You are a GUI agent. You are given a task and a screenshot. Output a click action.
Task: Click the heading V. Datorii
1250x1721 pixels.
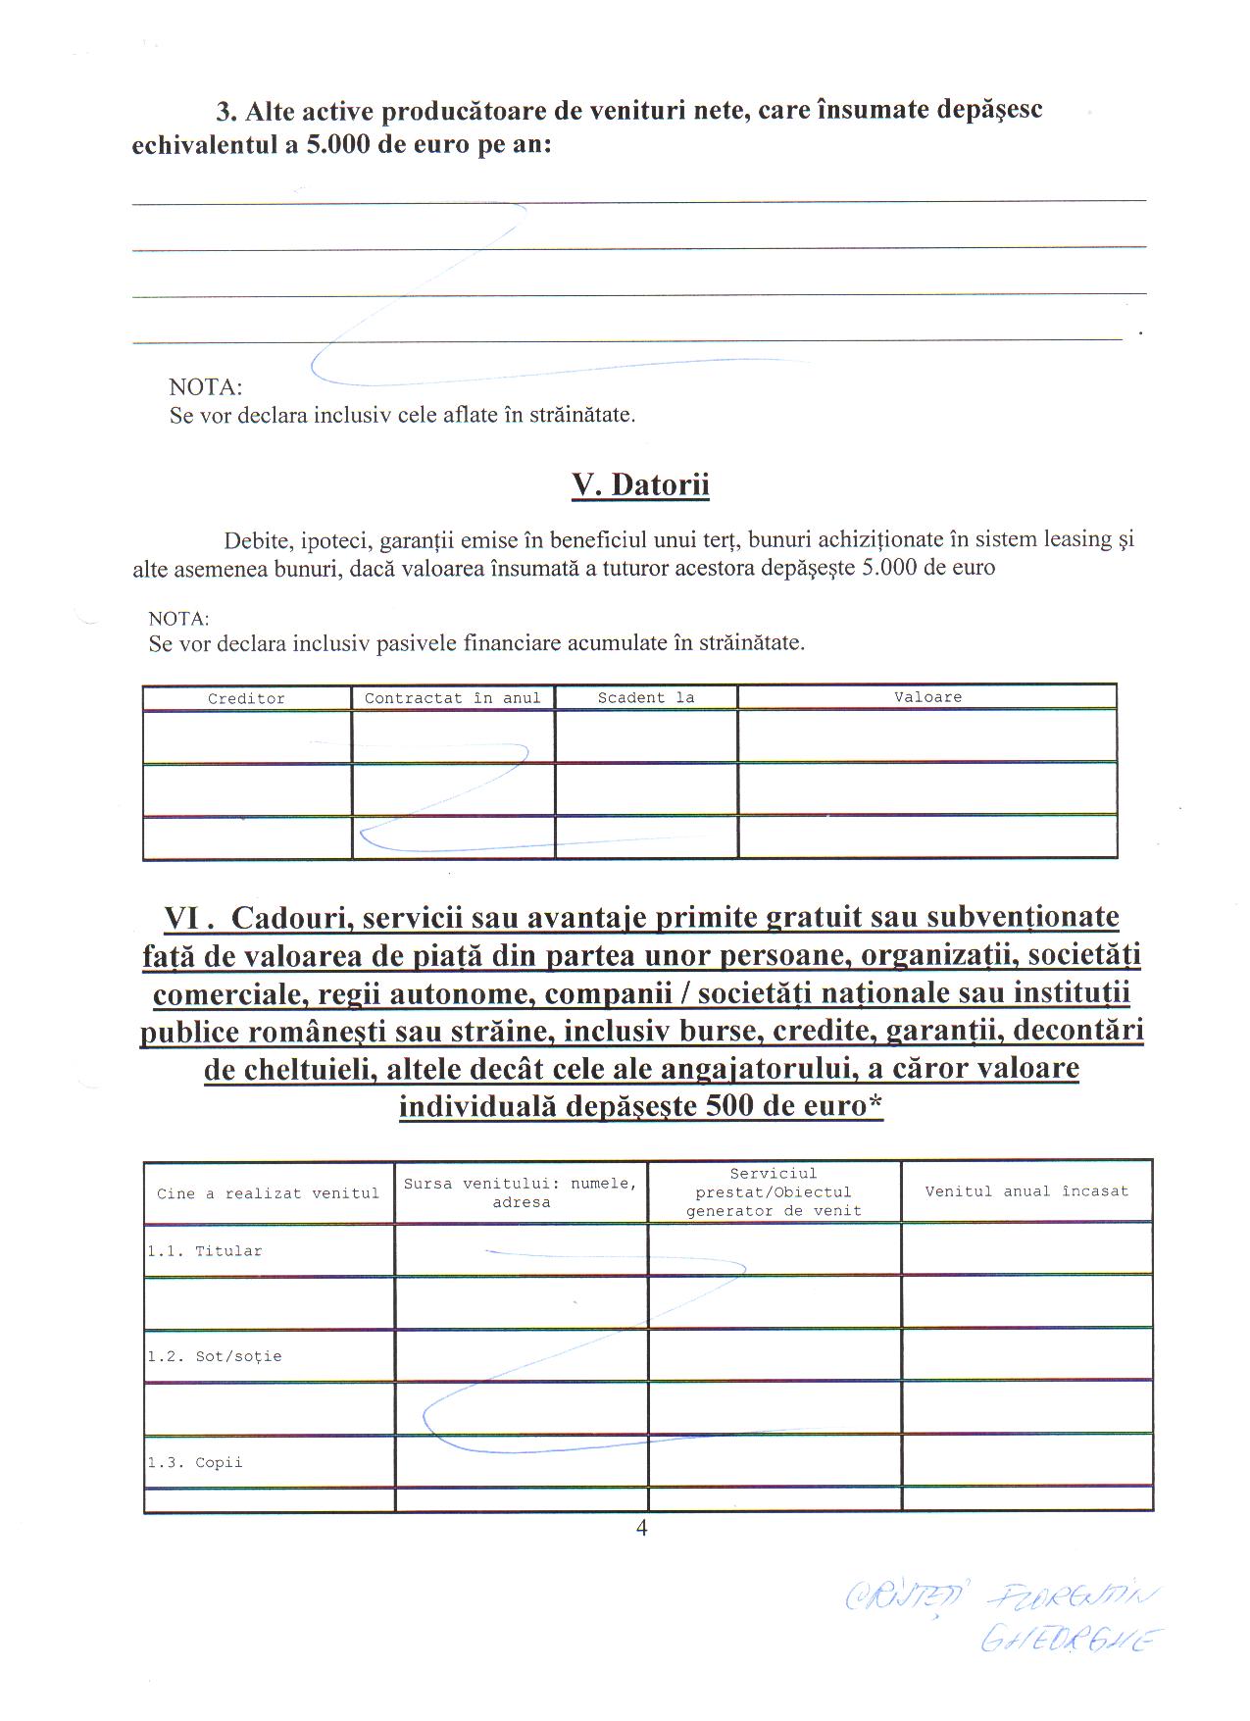pos(640,485)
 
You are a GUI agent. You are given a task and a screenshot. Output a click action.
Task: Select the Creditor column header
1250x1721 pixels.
pos(246,698)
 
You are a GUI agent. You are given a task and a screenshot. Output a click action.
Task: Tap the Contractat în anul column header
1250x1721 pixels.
pos(452,698)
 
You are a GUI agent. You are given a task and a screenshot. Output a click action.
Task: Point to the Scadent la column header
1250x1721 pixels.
pos(646,698)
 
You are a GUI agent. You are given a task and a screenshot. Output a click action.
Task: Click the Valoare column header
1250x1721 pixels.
pos(927,697)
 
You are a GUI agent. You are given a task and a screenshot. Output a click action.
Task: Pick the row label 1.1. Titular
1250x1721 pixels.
pos(205,1251)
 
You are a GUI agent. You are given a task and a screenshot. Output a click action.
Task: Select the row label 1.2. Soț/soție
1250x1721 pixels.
pos(215,1357)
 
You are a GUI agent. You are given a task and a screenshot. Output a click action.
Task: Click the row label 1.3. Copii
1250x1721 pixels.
pos(195,1463)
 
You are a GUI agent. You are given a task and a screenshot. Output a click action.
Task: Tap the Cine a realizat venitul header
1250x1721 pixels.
pos(268,1193)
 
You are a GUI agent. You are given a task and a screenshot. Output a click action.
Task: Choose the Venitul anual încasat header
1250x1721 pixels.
pos(1026,1191)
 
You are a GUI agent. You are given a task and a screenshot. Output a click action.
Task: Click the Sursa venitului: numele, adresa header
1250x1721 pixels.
pos(521,1192)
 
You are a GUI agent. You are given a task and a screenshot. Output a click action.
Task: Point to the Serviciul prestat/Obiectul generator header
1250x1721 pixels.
pos(774,1192)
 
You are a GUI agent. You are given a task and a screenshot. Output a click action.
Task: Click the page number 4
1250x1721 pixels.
pos(642,1528)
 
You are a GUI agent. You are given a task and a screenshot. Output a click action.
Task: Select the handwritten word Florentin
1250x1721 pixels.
pos(1072,1599)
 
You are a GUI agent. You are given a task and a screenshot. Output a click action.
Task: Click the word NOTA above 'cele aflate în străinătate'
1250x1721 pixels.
pos(206,387)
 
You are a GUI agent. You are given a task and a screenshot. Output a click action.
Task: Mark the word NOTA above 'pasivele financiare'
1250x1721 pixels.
pos(178,619)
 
